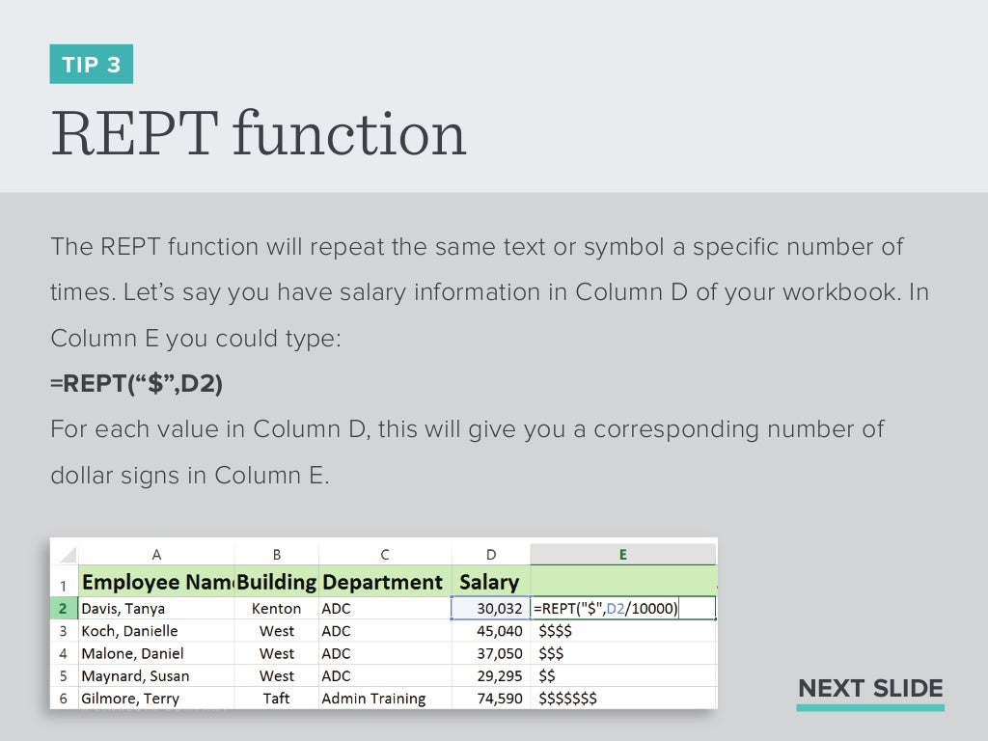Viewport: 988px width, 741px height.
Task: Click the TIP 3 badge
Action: coord(92,65)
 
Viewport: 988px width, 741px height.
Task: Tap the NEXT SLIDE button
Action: coord(870,689)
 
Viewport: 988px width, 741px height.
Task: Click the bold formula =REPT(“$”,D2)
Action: coord(136,384)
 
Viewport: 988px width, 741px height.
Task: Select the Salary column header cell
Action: coord(489,582)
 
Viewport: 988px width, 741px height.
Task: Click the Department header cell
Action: coord(383,582)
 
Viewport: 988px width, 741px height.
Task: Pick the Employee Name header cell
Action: coord(157,582)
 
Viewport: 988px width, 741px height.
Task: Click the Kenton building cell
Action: coord(276,609)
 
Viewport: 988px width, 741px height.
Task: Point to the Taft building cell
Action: coord(276,699)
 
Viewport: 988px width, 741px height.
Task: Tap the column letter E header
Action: coord(622,555)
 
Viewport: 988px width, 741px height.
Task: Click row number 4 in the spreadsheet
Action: coord(63,653)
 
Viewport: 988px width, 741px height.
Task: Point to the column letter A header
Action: coord(156,555)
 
